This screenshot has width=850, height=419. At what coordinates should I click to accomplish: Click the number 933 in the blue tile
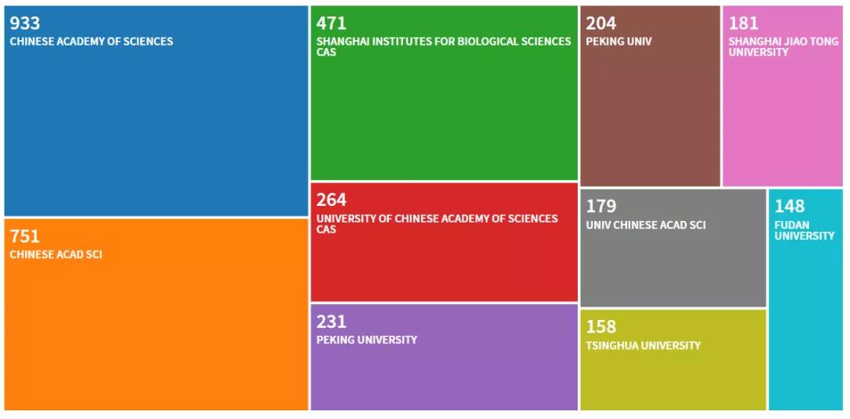point(24,23)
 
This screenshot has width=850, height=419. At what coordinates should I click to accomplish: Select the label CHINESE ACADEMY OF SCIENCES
point(91,42)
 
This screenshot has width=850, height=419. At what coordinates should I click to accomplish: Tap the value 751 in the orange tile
point(24,236)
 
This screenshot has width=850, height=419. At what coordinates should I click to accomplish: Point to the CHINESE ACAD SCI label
point(56,255)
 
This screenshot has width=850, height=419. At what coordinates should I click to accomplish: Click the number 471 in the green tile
point(331,23)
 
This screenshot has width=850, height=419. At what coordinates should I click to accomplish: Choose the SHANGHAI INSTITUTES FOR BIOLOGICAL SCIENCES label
point(444,42)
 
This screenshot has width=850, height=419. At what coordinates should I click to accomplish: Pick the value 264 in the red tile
point(331,200)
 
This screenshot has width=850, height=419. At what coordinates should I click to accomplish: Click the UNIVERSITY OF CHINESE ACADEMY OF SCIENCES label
point(437,219)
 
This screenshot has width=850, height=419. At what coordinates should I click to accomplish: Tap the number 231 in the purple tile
point(331,322)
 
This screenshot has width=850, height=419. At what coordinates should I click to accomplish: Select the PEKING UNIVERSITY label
point(367,340)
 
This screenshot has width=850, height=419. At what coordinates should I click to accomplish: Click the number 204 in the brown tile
point(601,23)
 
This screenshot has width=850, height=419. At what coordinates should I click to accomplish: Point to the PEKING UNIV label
point(619,42)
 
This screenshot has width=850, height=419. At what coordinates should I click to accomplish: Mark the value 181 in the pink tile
point(744,23)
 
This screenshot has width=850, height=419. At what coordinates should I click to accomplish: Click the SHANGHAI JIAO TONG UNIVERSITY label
point(783,46)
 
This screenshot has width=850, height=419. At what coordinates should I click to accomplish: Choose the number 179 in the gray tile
point(601,206)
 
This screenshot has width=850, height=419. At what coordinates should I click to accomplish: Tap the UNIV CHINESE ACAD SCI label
point(645,225)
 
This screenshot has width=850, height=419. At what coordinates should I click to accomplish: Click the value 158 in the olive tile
point(601,326)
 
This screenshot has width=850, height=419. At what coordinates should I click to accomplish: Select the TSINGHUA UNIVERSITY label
point(643,345)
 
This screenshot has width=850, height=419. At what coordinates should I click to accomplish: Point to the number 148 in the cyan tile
point(789,206)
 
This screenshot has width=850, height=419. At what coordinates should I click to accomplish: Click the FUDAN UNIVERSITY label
point(804,230)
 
